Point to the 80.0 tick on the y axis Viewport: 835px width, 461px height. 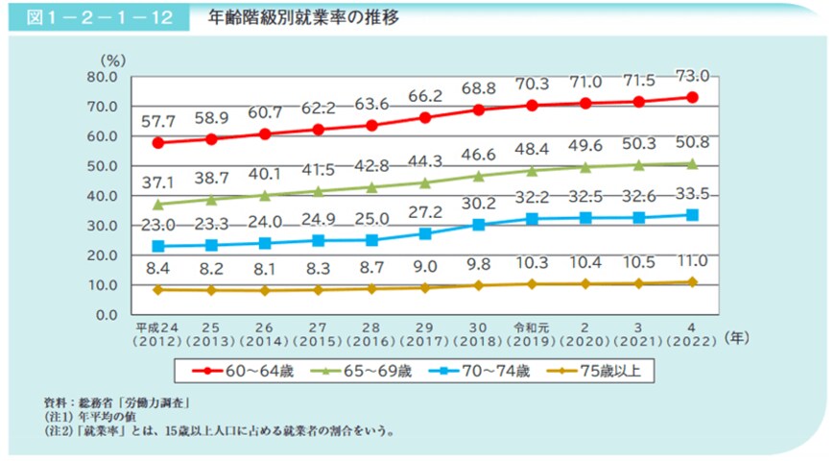pyautogui.click(x=100, y=76)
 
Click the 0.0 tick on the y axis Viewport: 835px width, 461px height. pyautogui.click(x=104, y=315)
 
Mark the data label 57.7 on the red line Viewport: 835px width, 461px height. pyautogui.click(x=156, y=122)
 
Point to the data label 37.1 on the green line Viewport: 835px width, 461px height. pyautogui.click(x=156, y=182)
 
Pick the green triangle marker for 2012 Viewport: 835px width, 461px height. pyautogui.click(x=156, y=204)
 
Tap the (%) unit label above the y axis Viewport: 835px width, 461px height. pyautogui.click(x=113, y=60)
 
